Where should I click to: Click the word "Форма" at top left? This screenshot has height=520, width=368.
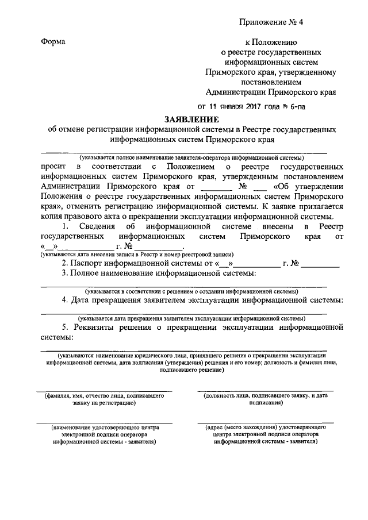click(53, 42)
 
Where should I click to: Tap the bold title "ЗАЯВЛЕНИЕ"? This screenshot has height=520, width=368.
click(191, 120)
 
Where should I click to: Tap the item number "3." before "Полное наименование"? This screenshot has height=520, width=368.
click(66, 274)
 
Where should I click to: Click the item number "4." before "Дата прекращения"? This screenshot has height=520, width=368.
click(66, 301)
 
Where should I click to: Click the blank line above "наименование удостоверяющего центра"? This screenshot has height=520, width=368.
click(104, 424)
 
